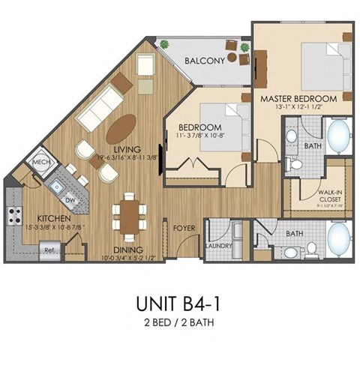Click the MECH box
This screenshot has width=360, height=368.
click(39, 163)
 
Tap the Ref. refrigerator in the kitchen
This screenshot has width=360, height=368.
click(49, 249)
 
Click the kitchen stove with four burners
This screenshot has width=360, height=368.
click(14, 217)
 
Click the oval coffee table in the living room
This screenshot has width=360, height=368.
click(121, 127)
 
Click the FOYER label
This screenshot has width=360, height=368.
click(184, 226)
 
